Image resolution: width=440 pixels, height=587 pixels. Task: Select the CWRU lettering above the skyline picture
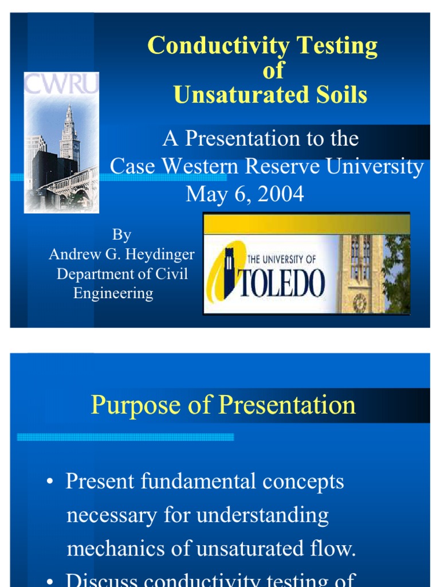point(61,84)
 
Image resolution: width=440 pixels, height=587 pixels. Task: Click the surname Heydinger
point(162,254)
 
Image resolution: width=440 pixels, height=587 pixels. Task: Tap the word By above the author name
point(121,234)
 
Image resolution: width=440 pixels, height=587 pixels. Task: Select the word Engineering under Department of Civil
point(113,293)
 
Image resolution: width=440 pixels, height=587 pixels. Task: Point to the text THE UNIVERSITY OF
point(281,260)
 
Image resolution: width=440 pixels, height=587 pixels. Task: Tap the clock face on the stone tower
point(360,303)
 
